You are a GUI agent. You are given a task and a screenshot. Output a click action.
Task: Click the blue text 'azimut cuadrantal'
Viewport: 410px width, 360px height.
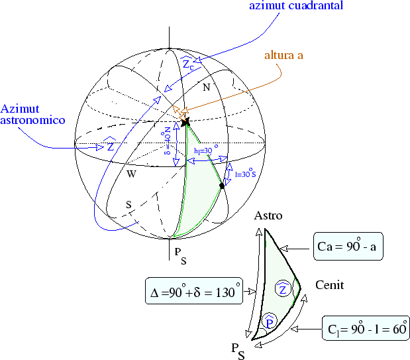(x=295, y=7)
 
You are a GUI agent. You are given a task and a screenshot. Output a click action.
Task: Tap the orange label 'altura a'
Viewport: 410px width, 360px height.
(x=283, y=56)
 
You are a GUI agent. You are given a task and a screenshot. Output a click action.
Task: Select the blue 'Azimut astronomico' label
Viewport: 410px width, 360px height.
(x=32, y=115)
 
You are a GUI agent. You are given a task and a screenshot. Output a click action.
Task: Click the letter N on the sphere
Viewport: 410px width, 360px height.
(x=206, y=88)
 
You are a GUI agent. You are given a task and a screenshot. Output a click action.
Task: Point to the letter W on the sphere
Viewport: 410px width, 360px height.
(x=132, y=174)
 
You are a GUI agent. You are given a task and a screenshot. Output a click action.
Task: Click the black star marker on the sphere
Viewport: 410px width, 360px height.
(x=185, y=122)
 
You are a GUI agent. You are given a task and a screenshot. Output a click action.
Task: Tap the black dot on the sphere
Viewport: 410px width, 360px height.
(x=223, y=186)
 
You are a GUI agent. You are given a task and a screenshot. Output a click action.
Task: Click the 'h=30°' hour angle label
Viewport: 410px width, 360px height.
(x=206, y=151)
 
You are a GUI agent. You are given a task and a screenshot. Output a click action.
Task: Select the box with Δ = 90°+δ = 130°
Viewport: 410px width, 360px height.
(x=193, y=291)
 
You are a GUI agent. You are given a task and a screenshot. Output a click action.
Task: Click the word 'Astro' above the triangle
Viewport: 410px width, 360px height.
(x=268, y=216)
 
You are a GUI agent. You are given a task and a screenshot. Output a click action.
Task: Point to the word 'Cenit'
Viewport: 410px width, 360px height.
(x=330, y=286)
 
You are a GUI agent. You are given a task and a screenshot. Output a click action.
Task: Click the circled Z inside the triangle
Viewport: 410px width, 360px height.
(x=282, y=288)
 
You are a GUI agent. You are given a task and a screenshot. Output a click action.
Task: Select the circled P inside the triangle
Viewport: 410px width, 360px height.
(x=269, y=322)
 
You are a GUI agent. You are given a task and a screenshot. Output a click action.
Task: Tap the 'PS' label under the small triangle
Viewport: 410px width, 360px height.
(x=238, y=351)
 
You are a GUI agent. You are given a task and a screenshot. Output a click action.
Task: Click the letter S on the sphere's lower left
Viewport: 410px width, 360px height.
(x=128, y=205)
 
